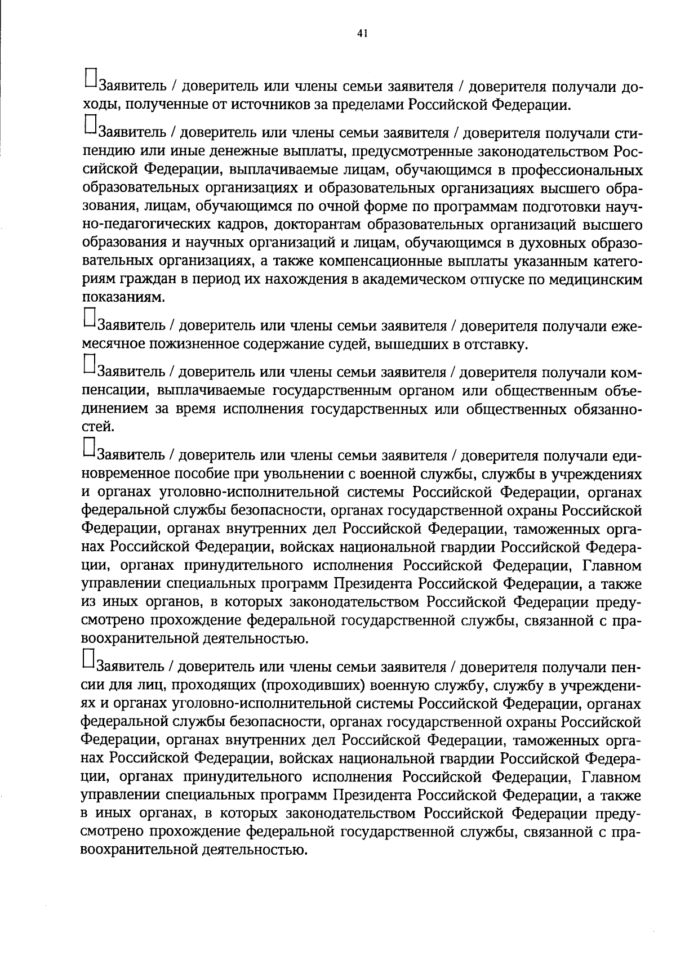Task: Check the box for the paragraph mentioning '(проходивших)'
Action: coord(89,658)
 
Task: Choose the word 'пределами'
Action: coord(364,105)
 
